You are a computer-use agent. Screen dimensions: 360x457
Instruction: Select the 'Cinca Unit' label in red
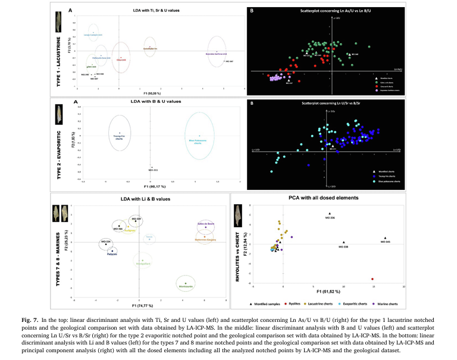120,60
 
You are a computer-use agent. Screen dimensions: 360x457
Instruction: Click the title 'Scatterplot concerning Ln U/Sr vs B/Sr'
331,103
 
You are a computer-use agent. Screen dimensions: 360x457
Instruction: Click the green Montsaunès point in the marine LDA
186,283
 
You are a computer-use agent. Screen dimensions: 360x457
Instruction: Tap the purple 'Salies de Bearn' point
206,227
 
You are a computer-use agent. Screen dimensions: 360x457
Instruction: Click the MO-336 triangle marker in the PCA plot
329,214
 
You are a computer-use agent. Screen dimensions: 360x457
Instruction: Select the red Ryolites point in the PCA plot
372,278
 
